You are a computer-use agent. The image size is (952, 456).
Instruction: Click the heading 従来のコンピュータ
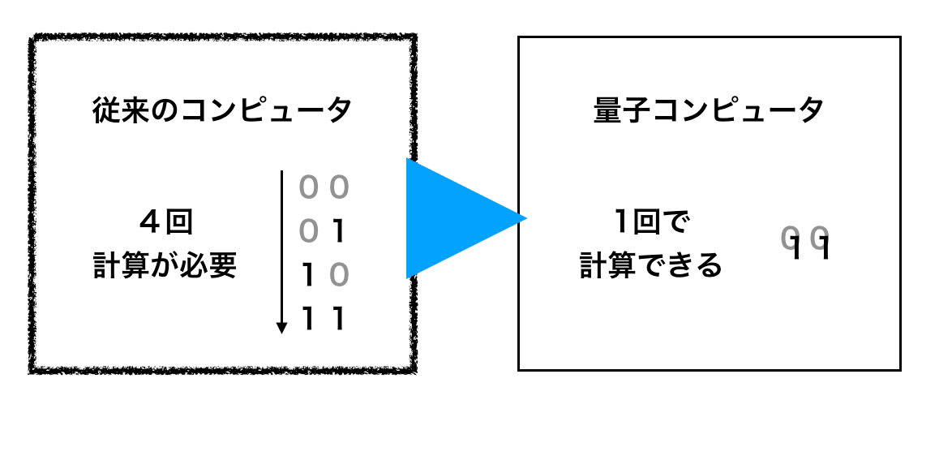click(222, 111)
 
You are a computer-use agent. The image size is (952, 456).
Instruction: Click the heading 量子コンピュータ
click(709, 111)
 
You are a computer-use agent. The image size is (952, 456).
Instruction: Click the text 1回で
click(651, 221)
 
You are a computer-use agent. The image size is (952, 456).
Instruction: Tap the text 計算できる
click(651, 265)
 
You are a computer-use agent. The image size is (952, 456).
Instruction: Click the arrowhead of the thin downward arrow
click(281, 328)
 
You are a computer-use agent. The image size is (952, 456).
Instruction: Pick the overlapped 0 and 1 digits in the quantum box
click(807, 243)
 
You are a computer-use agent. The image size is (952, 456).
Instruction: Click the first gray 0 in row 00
click(307, 188)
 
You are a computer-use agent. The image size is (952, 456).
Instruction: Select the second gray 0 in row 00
click(340, 188)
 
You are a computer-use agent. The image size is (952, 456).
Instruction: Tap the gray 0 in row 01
click(307, 233)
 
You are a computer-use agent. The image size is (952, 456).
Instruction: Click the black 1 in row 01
click(340, 233)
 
